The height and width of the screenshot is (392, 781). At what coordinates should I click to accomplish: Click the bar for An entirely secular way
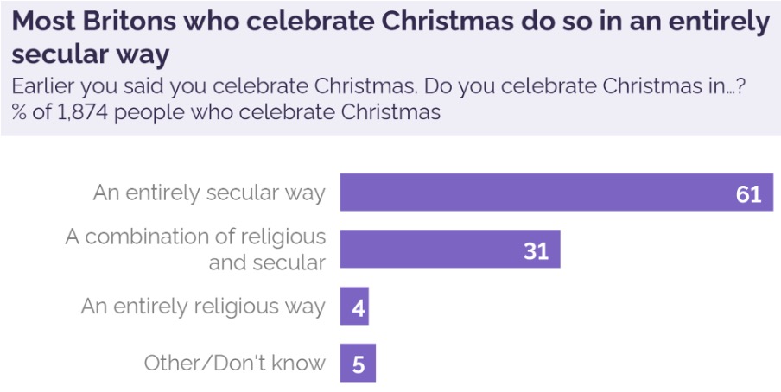(x=518, y=192)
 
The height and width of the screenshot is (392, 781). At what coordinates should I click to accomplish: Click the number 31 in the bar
(x=537, y=250)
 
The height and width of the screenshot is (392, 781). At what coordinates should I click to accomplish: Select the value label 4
(x=357, y=307)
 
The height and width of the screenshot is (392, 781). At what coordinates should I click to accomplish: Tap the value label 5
(x=359, y=364)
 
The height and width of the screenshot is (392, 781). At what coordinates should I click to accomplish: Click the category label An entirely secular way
(x=209, y=192)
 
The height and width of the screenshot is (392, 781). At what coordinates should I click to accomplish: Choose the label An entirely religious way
(x=203, y=307)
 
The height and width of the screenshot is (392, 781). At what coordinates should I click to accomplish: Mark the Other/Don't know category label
(x=235, y=364)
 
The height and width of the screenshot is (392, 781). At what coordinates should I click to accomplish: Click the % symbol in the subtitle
(x=18, y=112)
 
